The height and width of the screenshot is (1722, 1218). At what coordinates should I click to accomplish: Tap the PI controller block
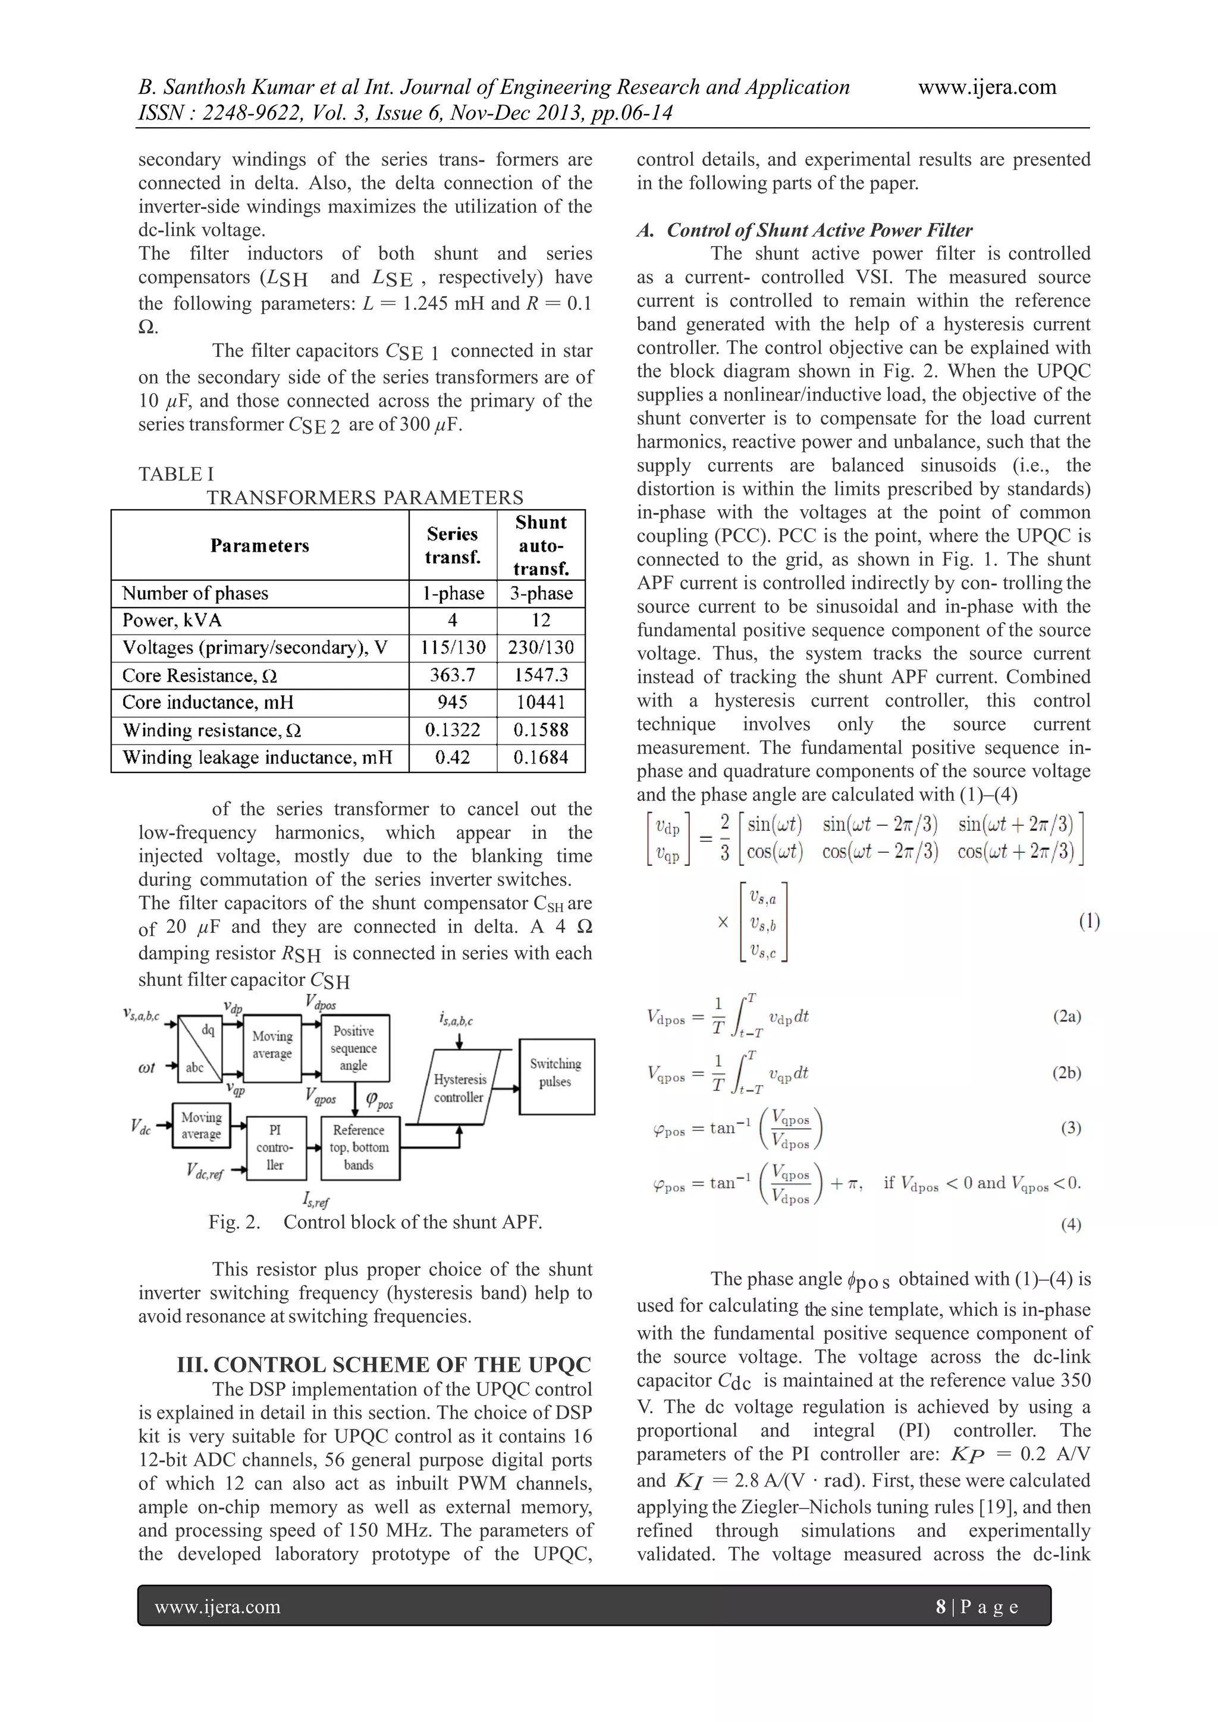pos(276,1148)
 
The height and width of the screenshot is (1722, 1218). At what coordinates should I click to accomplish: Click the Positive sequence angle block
pos(353,1048)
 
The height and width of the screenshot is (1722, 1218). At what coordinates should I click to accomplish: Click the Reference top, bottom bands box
pos(360,1148)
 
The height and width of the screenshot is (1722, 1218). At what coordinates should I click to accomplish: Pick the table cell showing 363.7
pos(452,675)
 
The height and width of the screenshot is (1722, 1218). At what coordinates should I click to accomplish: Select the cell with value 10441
pos(541,703)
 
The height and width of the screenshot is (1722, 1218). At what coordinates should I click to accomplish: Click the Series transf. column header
pos(452,545)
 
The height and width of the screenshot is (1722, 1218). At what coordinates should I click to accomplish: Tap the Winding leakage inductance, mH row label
pos(258,758)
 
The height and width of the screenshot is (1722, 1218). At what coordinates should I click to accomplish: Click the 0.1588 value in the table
pos(541,730)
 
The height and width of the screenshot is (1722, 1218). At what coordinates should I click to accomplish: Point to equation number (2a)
pos(1066,1016)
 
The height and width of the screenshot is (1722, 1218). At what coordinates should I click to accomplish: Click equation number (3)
pos(1071,1128)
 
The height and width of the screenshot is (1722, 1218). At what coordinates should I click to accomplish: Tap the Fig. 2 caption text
pos(375,1223)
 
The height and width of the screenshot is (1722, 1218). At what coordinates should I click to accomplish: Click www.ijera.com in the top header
pos(987,87)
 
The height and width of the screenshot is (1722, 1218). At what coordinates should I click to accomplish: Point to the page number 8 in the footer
pos(940,1607)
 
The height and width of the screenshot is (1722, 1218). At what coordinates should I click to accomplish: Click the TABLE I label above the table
pos(175,474)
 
